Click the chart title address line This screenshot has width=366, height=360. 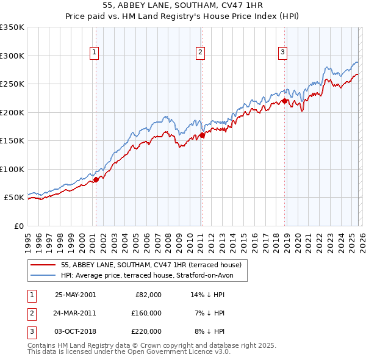[183, 5]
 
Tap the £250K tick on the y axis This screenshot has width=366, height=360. [12, 84]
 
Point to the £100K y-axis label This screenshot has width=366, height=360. [12, 169]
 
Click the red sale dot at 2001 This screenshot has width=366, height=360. [96, 179]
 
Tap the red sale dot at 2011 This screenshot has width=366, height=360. [202, 135]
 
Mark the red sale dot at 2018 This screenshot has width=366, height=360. [284, 101]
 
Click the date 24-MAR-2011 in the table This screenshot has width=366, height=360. [75, 313]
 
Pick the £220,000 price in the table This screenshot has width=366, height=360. [146, 331]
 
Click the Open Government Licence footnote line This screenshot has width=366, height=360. [129, 352]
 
